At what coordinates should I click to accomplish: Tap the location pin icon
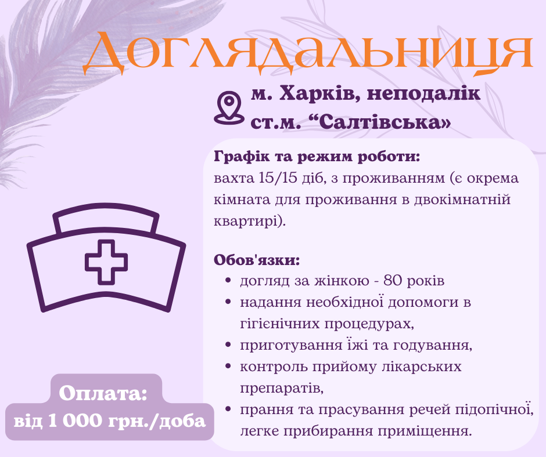228,108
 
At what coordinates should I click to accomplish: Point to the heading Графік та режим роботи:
317,157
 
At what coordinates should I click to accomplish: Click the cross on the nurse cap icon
106,262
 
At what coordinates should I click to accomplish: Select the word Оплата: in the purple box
103,394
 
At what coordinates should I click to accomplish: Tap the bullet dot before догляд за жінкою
228,282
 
